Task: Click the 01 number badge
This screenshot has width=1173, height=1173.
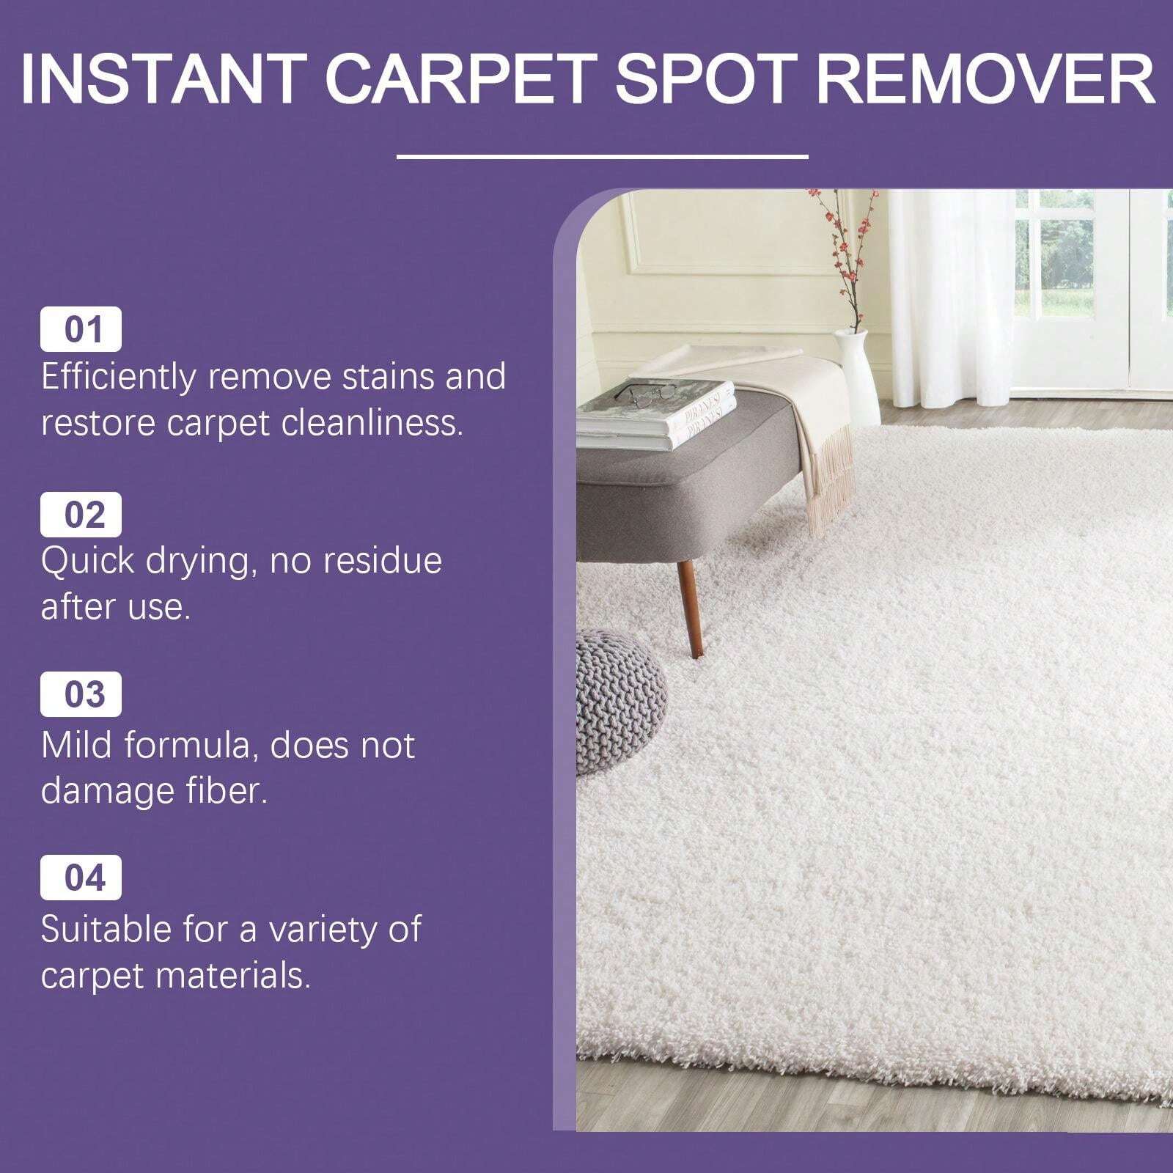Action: click(x=81, y=331)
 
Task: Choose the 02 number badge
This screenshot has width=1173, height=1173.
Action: click(x=81, y=515)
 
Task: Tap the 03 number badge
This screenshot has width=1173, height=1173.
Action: click(x=81, y=695)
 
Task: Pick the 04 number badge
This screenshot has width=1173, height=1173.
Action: click(x=81, y=878)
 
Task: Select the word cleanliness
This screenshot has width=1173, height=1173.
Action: click(x=373, y=423)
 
